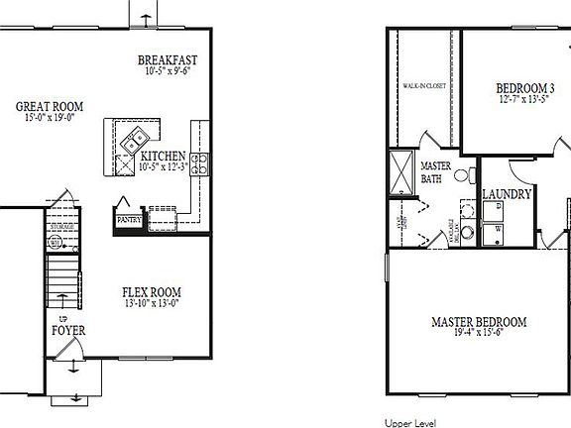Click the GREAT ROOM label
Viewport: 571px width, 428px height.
pos(49,106)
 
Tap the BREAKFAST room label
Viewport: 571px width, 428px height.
pos(173,60)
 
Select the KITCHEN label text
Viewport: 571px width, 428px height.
pos(164,157)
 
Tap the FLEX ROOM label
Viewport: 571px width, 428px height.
pos(152,292)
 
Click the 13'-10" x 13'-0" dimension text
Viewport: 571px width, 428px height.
pos(152,305)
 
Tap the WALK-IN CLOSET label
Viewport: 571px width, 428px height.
pos(423,86)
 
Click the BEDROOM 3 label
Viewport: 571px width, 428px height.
pos(525,88)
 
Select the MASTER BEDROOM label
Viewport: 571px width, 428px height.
pos(479,322)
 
